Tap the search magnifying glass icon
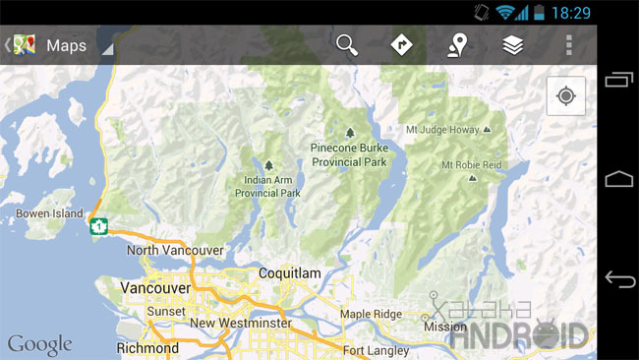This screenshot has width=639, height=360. pyautogui.click(x=347, y=44)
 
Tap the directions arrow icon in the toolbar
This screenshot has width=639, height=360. pyautogui.click(x=401, y=44)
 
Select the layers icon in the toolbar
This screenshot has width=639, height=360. pyautogui.click(x=512, y=44)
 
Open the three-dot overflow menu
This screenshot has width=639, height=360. pyautogui.click(x=568, y=44)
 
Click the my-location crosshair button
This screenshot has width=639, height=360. pyautogui.click(x=565, y=96)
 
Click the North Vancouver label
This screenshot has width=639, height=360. pyautogui.click(x=175, y=250)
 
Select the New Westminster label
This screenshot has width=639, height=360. pyautogui.click(x=240, y=323)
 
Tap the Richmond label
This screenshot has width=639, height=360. pyautogui.click(x=147, y=348)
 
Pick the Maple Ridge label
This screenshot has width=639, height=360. pyautogui.click(x=371, y=314)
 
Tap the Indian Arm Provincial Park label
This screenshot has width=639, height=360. pyautogui.click(x=267, y=187)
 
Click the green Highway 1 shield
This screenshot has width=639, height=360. pyautogui.click(x=97, y=226)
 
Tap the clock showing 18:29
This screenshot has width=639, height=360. pyautogui.click(x=571, y=12)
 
